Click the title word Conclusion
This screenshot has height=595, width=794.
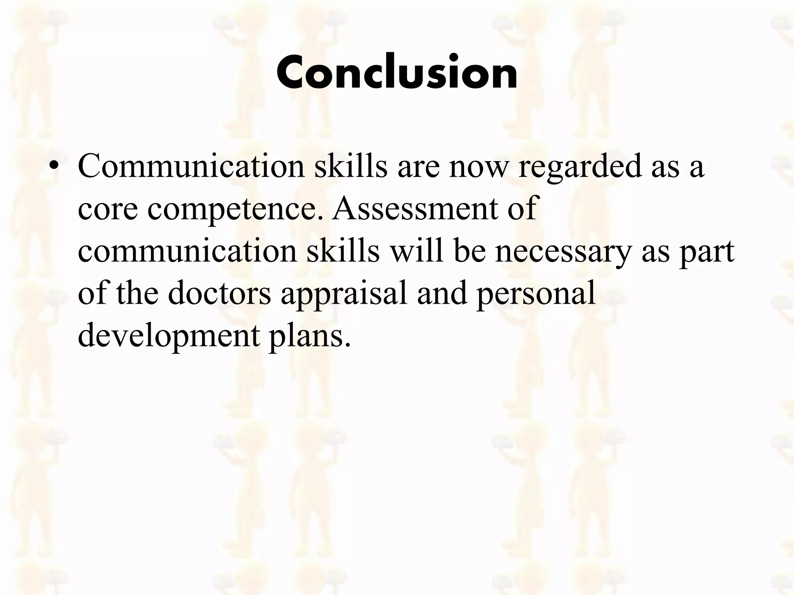397,72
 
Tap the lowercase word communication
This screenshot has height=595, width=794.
187,251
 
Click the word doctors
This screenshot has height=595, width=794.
219,293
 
